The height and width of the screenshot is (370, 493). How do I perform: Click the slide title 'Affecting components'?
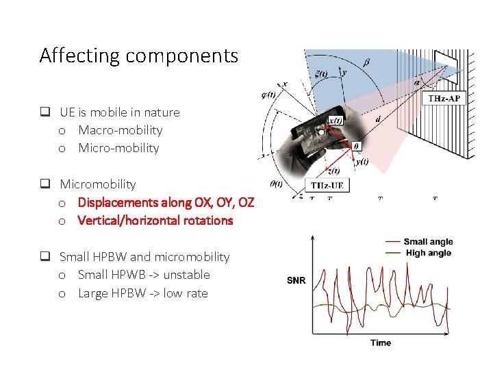pyautogui.click(x=138, y=56)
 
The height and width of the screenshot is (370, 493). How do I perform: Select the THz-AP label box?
pyautogui.click(x=444, y=99)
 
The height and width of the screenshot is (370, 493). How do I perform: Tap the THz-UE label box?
pyautogui.click(x=328, y=186)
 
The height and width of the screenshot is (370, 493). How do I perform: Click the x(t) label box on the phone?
pyautogui.click(x=336, y=121)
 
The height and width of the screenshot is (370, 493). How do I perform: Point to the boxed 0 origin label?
pyautogui.click(x=355, y=146)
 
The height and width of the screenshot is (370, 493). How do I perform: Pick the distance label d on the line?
pyautogui.click(x=379, y=119)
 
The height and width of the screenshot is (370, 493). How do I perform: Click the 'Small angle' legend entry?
pyautogui.click(x=428, y=242)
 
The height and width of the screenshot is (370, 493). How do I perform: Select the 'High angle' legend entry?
pyautogui.click(x=427, y=253)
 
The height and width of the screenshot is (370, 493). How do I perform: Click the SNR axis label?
pyautogui.click(x=296, y=280)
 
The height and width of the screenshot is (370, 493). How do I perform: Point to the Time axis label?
pyautogui.click(x=381, y=343)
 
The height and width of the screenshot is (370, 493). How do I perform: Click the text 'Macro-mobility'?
pyautogui.click(x=121, y=130)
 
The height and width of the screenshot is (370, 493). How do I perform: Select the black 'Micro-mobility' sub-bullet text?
pyautogui.click(x=118, y=148)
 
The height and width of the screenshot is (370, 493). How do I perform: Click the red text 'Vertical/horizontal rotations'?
pyautogui.click(x=155, y=221)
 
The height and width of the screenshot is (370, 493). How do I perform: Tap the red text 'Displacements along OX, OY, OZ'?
pyautogui.click(x=166, y=202)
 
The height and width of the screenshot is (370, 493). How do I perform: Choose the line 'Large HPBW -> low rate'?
pyautogui.click(x=142, y=293)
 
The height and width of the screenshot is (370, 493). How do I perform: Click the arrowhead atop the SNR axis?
pyautogui.click(x=314, y=237)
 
